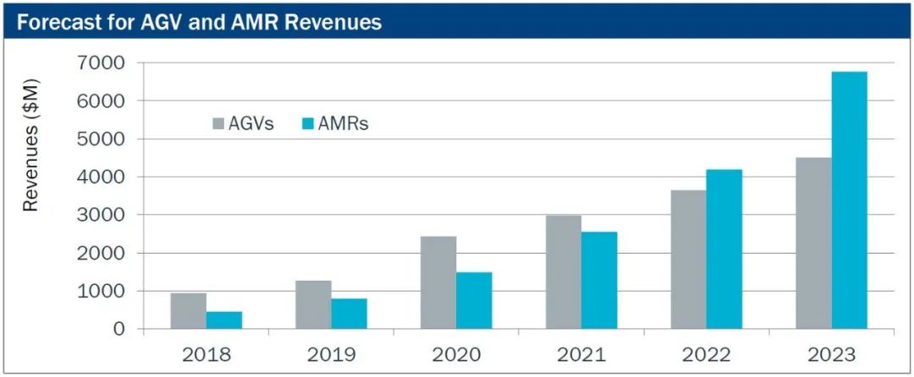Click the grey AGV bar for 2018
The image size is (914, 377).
point(188,311)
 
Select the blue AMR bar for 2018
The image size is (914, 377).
point(224,320)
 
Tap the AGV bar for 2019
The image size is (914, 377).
point(313,305)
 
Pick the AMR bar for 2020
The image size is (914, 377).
point(475,301)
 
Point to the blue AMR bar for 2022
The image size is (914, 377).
point(724,249)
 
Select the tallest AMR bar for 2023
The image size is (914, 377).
point(849,200)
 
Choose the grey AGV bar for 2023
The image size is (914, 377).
point(813,243)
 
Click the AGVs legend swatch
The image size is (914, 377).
point(218,124)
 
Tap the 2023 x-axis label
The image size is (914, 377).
point(831,353)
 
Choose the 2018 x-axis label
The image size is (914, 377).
point(206,353)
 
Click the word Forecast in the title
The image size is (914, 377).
point(54,23)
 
